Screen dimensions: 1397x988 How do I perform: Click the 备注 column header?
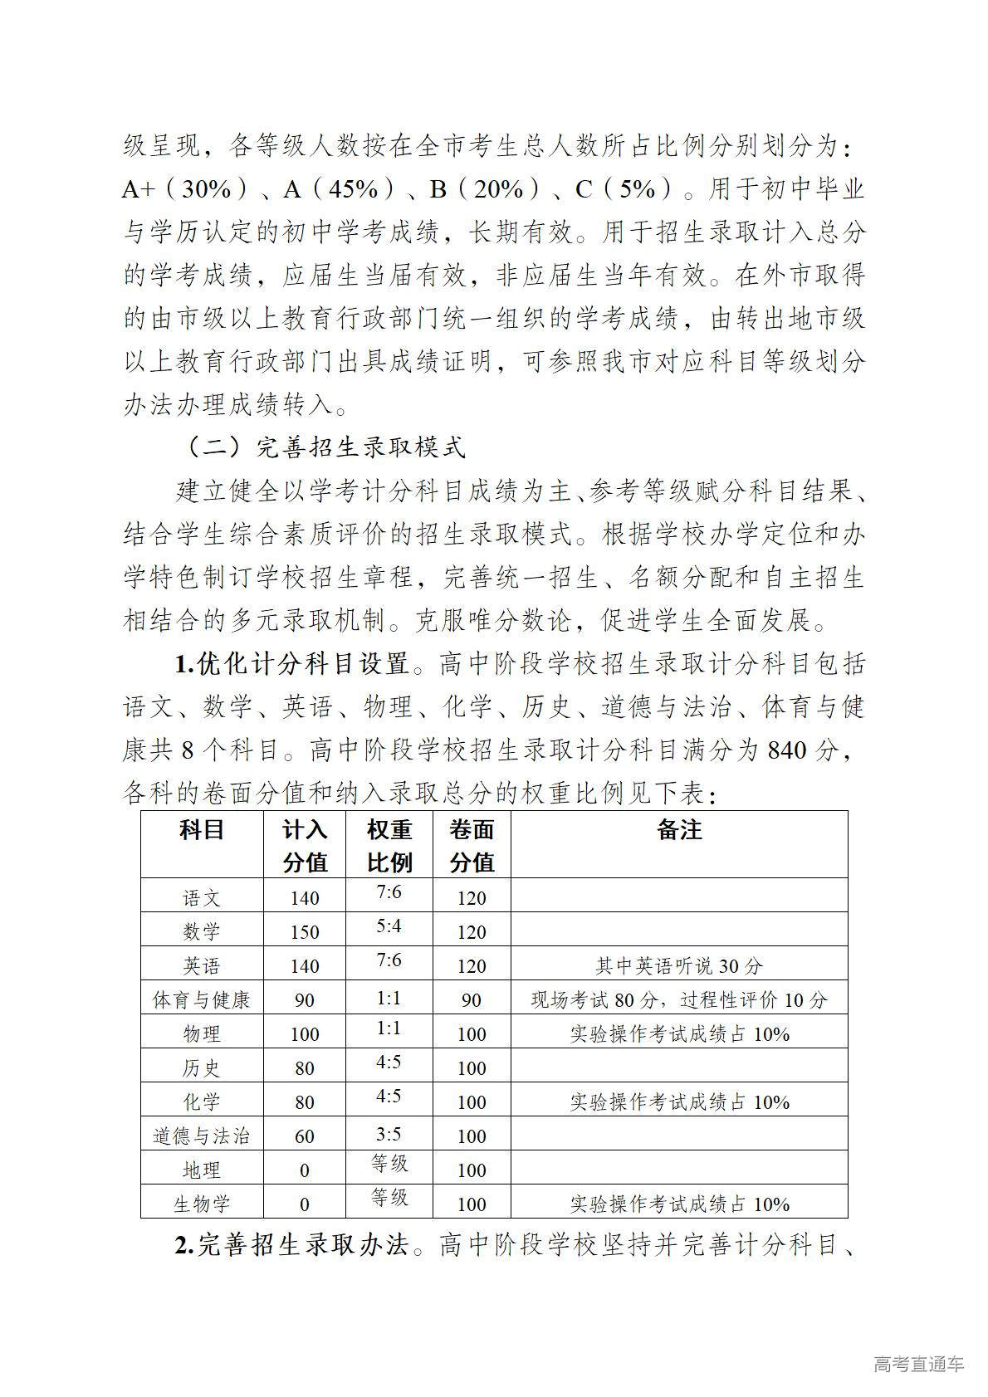pyautogui.click(x=679, y=829)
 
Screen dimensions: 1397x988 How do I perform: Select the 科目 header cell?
pyautogui.click(x=202, y=829)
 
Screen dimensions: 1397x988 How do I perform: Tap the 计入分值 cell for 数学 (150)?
pyautogui.click(x=305, y=931)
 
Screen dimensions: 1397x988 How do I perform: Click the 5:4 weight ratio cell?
pyautogui.click(x=389, y=926)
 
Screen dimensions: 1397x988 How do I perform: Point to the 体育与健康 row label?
pyautogui.click(x=202, y=999)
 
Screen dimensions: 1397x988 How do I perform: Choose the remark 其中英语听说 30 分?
pyautogui.click(x=679, y=965)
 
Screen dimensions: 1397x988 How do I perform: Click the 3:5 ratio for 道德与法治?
pyautogui.click(x=389, y=1131)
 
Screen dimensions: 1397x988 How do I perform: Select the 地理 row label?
pyautogui.click(x=202, y=1170)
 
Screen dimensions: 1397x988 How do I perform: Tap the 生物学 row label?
pyautogui.click(x=202, y=1204)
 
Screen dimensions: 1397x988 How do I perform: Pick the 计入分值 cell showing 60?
pyautogui.click(x=305, y=1136)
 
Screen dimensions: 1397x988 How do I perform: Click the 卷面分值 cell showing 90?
pyautogui.click(x=472, y=999)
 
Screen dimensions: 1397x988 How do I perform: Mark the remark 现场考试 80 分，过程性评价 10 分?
pyautogui.click(x=679, y=999)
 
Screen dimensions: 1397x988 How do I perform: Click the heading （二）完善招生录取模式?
pyautogui.click(x=324, y=447)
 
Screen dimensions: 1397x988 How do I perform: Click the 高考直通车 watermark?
pyautogui.click(x=918, y=1364)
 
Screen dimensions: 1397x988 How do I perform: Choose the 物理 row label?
pyautogui.click(x=202, y=1033)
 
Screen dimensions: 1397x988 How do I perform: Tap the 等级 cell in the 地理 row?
pyautogui.click(x=389, y=1164)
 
